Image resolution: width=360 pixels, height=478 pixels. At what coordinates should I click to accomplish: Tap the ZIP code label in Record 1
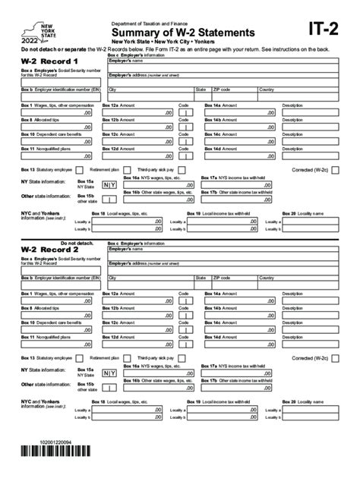pyautogui.click(x=220, y=90)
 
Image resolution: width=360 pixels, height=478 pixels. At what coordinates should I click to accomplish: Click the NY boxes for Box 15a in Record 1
pyautogui.click(x=109, y=184)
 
